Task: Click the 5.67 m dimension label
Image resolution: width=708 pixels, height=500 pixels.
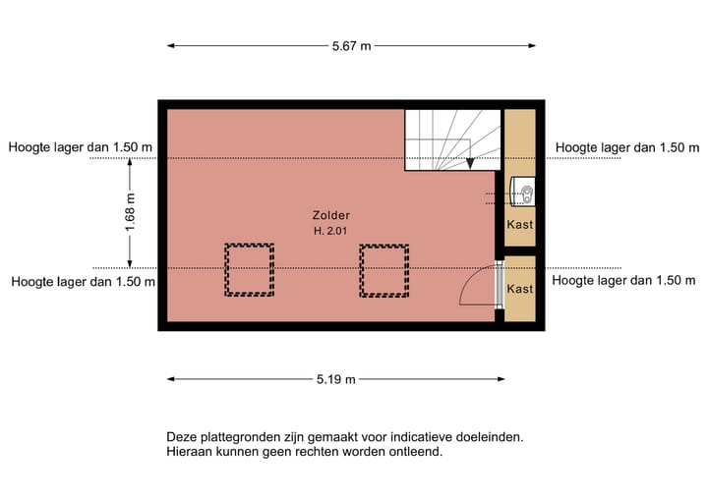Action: click(351, 45)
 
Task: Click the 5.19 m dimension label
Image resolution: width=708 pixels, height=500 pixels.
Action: click(335, 379)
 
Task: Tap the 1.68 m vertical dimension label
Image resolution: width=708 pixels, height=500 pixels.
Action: click(130, 212)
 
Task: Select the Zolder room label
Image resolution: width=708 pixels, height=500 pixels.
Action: click(330, 215)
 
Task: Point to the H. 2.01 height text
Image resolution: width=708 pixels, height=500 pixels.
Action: click(330, 231)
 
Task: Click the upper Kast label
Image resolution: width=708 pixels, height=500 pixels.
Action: click(519, 225)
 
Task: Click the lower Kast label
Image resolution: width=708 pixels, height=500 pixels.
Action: click(519, 290)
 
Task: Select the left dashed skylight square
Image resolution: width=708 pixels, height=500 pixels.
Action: click(249, 270)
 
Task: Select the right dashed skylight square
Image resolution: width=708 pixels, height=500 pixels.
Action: click(383, 270)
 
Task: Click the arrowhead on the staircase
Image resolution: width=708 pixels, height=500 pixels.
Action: click(471, 163)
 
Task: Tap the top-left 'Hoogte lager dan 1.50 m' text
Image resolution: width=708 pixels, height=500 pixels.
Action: click(81, 147)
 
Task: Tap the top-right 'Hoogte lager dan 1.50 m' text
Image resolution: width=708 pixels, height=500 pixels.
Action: click(619, 147)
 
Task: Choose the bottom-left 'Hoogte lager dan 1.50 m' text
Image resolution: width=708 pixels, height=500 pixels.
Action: click(84, 281)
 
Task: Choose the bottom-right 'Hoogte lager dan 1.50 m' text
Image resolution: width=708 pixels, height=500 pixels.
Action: click(617, 280)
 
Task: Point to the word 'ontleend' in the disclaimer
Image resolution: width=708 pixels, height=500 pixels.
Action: click(415, 452)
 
